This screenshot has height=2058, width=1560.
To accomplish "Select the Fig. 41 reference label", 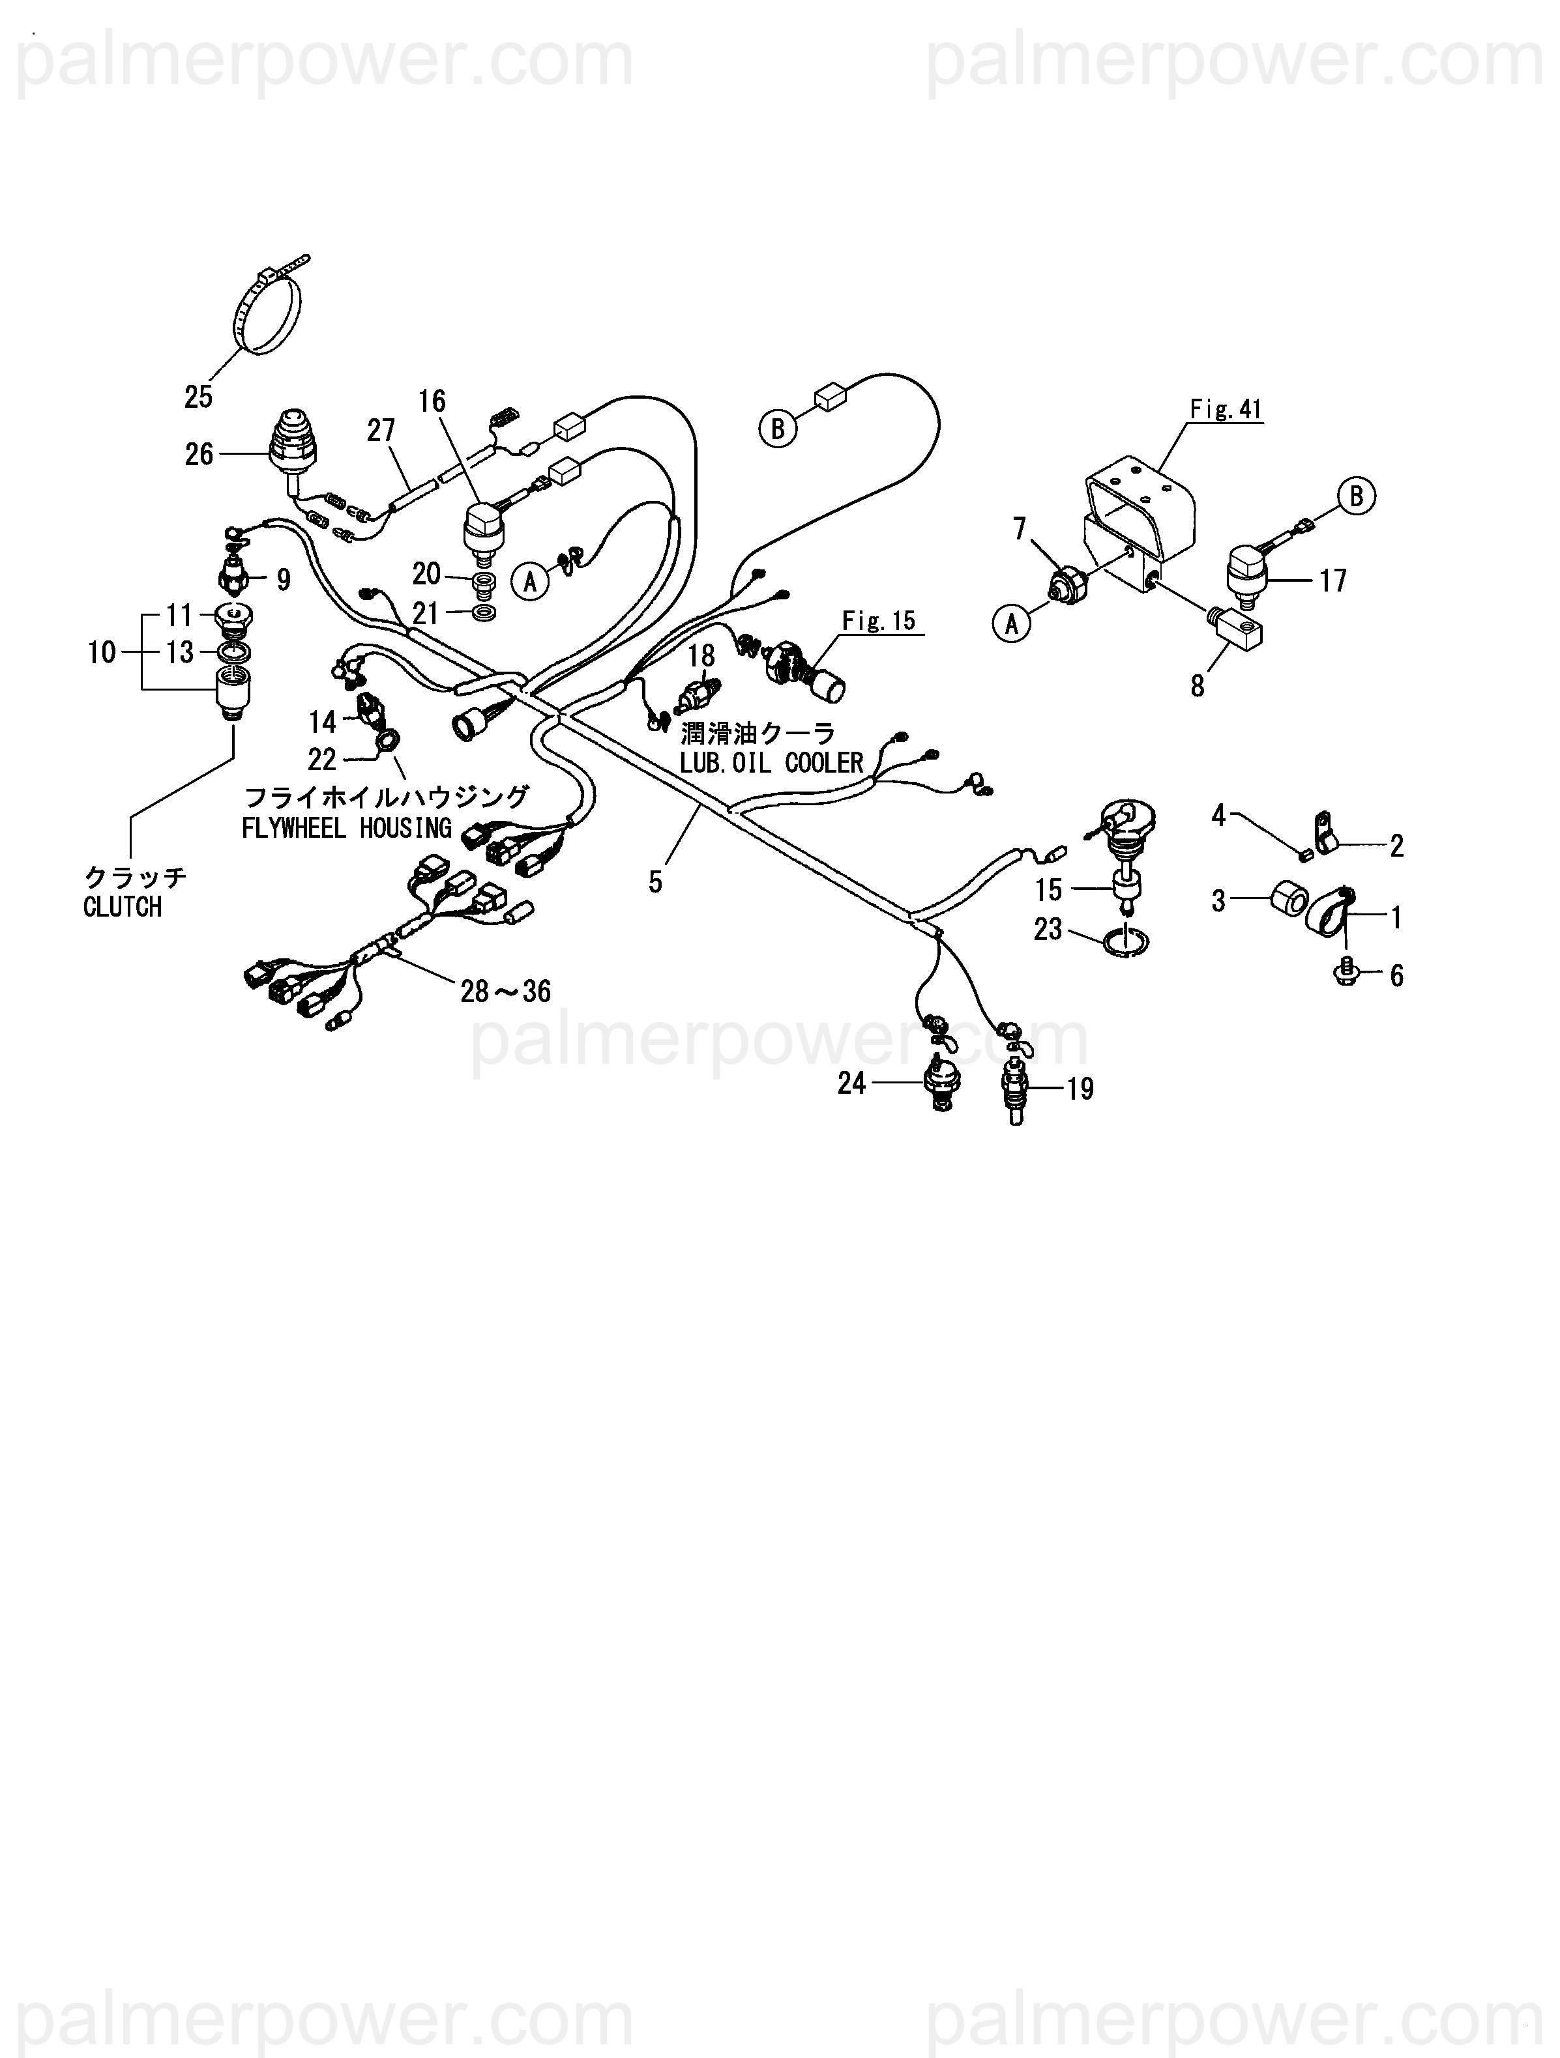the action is coord(1226,409).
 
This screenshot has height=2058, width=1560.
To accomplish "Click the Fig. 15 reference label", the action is coord(879,621).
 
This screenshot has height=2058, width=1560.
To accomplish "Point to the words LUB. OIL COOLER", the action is coord(772,764).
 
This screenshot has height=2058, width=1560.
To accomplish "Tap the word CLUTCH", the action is coord(122,907).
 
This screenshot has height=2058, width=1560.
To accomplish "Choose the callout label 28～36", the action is coord(505,992).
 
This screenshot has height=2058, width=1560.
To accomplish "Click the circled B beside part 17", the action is coord(1355,497).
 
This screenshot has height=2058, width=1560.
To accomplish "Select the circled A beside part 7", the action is coord(1012,623).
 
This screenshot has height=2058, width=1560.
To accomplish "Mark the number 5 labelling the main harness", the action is coord(655,882).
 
